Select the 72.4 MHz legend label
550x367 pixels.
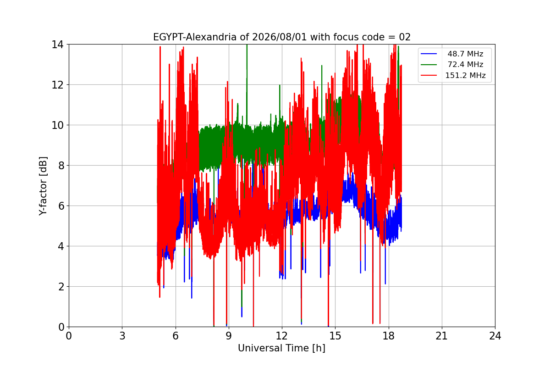(465, 64)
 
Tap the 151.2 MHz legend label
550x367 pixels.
(465, 75)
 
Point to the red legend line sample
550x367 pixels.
(429, 75)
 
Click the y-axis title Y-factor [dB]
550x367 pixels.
(43, 186)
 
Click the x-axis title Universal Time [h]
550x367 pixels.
(281, 348)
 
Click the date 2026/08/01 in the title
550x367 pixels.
(280, 37)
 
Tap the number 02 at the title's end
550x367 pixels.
(405, 37)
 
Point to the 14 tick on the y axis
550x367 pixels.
(57, 44)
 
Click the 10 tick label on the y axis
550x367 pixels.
(57, 125)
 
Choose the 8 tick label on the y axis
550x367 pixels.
(61, 166)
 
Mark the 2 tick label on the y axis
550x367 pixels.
(61, 287)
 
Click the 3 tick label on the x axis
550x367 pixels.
(122, 336)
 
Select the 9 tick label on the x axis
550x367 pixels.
(229, 336)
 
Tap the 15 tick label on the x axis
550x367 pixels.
(335, 336)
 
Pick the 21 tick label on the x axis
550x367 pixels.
(442, 336)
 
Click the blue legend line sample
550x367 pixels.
(429, 54)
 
